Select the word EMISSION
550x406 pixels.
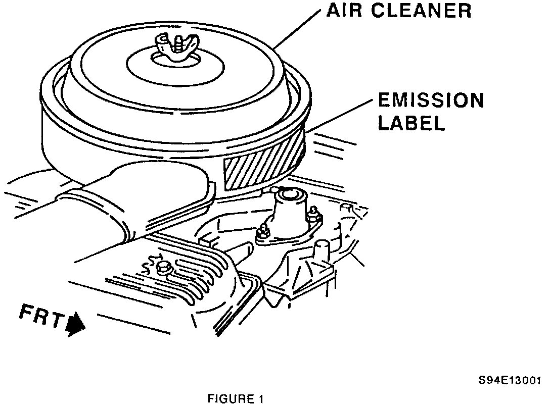(431, 101)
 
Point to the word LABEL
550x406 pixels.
(411, 123)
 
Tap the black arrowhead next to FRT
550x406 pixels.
(76, 323)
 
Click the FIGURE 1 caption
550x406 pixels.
(236, 399)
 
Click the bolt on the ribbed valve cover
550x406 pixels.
(163, 267)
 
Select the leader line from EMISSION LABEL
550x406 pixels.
(344, 114)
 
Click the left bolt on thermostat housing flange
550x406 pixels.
(261, 233)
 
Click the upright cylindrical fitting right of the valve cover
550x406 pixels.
(319, 250)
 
